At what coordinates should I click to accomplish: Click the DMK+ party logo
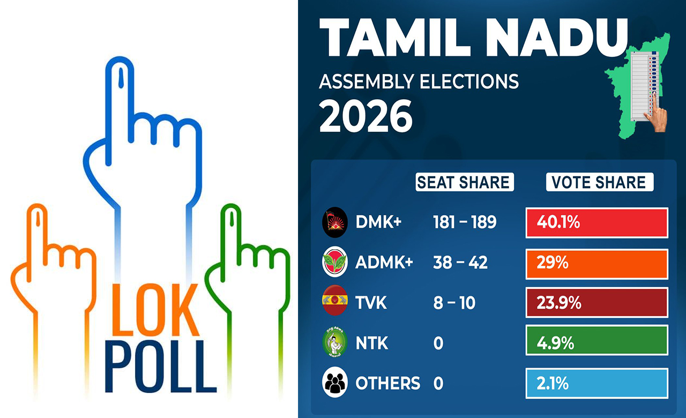point(335,222)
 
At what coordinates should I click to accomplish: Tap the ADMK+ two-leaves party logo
point(335,263)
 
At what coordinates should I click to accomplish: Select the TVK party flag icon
point(335,303)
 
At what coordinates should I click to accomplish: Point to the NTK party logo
point(335,343)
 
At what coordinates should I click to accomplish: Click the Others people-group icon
point(335,383)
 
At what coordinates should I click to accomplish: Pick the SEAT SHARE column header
point(464,182)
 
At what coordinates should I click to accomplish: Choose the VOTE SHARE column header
point(599,182)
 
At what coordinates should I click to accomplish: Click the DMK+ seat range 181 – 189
point(464,222)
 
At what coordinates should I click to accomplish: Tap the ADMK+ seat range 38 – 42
point(460,263)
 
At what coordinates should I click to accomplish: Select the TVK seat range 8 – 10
point(453,303)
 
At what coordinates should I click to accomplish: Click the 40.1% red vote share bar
point(596,222)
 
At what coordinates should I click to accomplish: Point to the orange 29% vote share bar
point(596,263)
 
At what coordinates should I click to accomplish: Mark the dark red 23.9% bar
point(596,303)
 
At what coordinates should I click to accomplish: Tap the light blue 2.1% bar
point(596,383)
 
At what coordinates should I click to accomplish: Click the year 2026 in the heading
point(366,116)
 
